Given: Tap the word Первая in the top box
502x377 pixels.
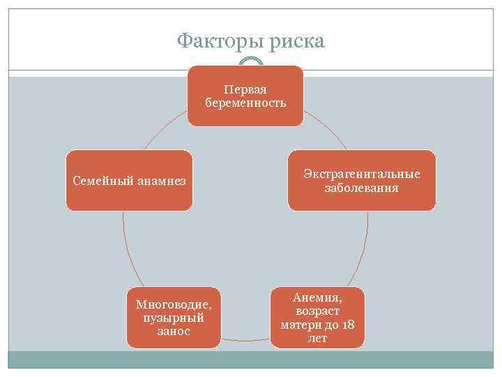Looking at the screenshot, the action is (x=245, y=90).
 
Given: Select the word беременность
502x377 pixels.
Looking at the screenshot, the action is (x=245, y=103).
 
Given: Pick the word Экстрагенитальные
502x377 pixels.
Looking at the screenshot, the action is (x=362, y=175).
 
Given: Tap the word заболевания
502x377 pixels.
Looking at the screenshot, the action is (x=362, y=188).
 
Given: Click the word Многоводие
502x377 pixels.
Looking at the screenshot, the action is (x=174, y=305).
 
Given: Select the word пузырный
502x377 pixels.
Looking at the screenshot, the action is (x=174, y=318).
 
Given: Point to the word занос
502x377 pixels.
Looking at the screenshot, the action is (x=174, y=330).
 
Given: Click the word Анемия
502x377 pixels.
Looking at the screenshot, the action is (x=317, y=299).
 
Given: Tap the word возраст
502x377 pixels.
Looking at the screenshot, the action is (x=317, y=311).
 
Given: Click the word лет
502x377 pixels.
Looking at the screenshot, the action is (x=317, y=338).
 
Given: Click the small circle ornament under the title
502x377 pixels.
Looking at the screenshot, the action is (x=251, y=64).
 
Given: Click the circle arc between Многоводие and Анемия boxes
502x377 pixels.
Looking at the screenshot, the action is (x=245, y=340).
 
